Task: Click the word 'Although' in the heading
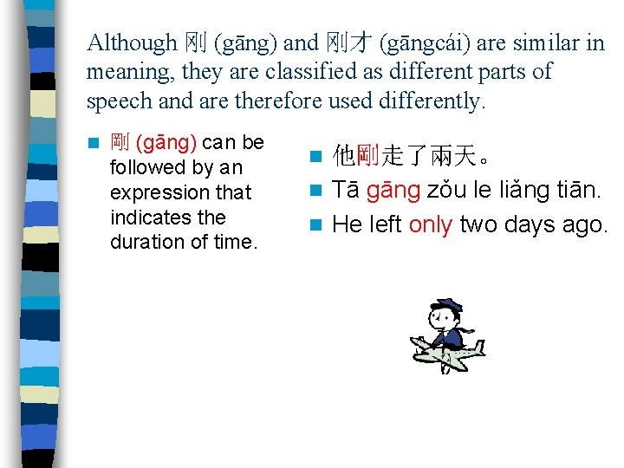tap(131, 42)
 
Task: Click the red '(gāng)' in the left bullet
tap(167, 142)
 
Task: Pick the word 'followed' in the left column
tap(148, 167)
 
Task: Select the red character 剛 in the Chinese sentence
tap(367, 157)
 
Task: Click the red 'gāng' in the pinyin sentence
tap(393, 191)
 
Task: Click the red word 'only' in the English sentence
tap(431, 224)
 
